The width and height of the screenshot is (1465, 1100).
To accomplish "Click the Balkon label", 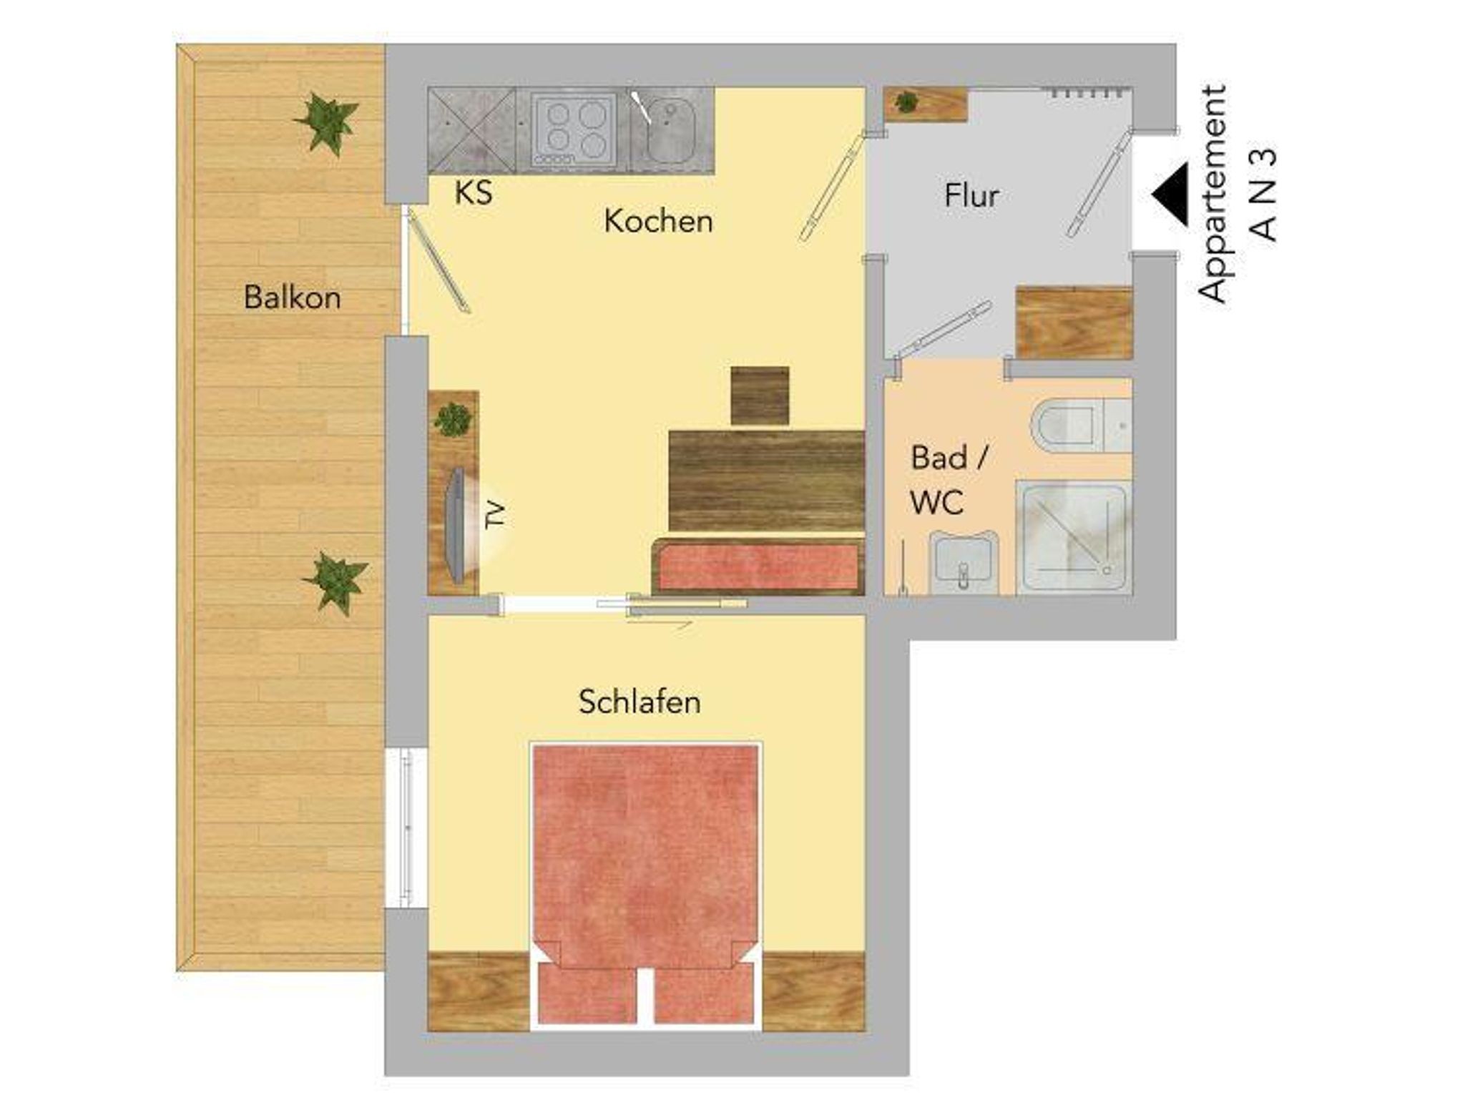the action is tap(292, 298).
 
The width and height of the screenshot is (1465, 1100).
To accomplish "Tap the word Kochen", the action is tap(658, 222).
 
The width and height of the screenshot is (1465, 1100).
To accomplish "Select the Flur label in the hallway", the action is tap(971, 196).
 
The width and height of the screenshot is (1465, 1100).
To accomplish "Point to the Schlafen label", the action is tap(640, 702).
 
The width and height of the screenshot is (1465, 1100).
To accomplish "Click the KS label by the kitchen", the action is tap(474, 193).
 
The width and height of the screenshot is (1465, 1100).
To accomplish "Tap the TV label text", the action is tap(495, 515).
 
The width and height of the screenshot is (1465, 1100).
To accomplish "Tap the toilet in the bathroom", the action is tap(1081, 426).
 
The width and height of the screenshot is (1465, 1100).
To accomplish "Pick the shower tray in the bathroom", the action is tap(1074, 537).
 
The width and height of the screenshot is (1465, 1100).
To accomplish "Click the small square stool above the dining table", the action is tap(760, 396).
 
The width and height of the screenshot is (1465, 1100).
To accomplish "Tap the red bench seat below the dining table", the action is tap(758, 567).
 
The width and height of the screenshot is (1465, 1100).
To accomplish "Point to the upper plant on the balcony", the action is tap(326, 123).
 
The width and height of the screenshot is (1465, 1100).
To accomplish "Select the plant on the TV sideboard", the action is tap(453, 420).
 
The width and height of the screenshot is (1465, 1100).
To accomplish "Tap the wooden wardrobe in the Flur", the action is tap(1074, 323).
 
